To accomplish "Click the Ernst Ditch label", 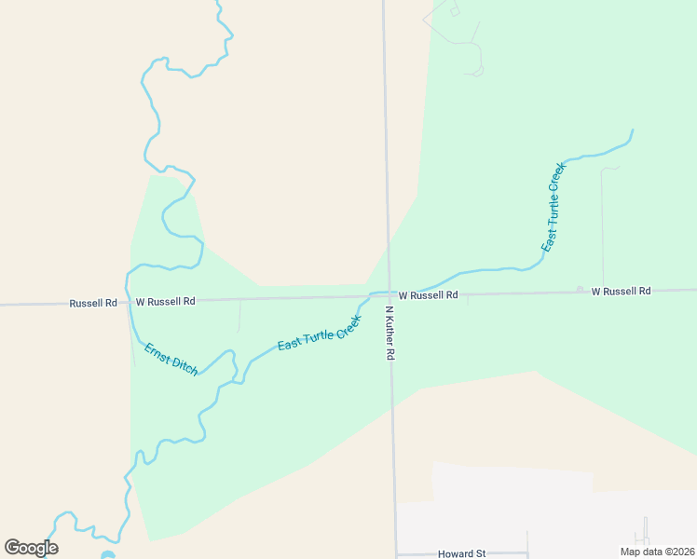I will tap(171, 359).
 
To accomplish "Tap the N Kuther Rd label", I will tap(390, 333).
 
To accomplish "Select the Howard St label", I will tap(462, 553).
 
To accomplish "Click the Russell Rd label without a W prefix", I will tap(93, 303).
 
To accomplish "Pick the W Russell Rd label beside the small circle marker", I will tap(621, 291).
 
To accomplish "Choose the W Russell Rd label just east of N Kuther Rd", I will tap(428, 294).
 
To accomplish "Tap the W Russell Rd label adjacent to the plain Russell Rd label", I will tap(165, 302).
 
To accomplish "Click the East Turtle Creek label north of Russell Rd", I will tap(553, 208).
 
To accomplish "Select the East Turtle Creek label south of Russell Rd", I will tap(319, 333).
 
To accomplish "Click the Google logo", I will tap(31, 548).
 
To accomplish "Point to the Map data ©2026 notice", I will tap(658, 552).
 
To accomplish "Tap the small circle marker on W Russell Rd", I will tap(580, 290).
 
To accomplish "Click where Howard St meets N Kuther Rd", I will tap(396, 553).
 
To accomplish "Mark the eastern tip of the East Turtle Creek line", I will tap(633, 130).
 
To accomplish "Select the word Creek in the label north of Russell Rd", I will tap(557, 177).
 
